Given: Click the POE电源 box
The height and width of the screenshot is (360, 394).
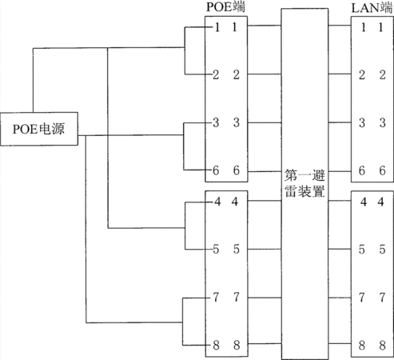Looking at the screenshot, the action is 39,129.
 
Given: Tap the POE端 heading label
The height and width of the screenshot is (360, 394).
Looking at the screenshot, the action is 225,7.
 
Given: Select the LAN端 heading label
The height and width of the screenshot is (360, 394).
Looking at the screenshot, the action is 372,8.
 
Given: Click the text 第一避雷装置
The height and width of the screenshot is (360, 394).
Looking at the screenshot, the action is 304,184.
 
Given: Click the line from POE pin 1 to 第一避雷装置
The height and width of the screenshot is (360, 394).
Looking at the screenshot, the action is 265,26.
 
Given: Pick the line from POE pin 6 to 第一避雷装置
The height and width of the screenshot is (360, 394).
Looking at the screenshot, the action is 265,171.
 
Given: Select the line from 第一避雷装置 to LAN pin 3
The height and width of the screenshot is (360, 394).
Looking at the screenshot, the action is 340,122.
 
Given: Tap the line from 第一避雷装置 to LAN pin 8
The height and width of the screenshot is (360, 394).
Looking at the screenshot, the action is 340,343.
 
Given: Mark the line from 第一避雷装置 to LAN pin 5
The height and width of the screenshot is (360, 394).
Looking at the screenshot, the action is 340,249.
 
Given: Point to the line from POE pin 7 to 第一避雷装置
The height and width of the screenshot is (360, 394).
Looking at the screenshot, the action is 265,298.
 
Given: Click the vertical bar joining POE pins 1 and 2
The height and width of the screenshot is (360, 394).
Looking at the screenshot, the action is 185,50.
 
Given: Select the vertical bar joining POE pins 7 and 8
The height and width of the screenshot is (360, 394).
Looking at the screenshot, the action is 183,322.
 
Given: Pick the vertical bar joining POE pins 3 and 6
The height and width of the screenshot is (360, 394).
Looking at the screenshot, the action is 184,146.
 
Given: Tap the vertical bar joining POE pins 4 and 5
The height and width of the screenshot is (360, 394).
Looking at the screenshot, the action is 185,226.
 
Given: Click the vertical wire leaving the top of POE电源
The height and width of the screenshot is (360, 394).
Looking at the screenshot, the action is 33,80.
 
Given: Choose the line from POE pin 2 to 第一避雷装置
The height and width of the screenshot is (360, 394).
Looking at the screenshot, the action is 265,74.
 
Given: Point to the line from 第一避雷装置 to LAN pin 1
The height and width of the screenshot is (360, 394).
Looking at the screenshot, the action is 340,26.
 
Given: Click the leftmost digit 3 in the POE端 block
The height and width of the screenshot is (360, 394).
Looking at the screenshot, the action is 216,122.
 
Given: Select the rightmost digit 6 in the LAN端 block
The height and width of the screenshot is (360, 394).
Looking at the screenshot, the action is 383,170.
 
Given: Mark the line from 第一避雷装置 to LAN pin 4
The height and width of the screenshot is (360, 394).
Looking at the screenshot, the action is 340,201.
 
